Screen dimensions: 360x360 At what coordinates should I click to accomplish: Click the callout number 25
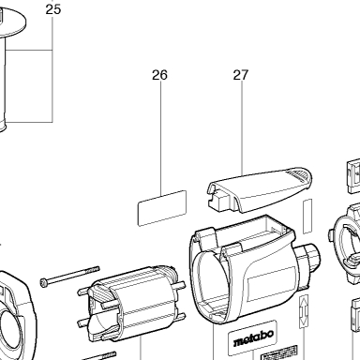53,9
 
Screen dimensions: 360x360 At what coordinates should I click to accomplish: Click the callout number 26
159,75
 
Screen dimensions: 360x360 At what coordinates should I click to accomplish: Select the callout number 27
241,75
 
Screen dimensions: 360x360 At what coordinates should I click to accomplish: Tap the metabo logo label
252,337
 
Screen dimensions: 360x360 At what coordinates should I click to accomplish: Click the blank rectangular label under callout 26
162,208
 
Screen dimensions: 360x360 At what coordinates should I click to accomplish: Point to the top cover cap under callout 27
260,189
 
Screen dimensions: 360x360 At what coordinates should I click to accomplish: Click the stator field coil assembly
131,304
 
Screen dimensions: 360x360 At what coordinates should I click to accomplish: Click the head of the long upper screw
44,283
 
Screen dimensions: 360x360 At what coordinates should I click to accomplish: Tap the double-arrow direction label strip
304,311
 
